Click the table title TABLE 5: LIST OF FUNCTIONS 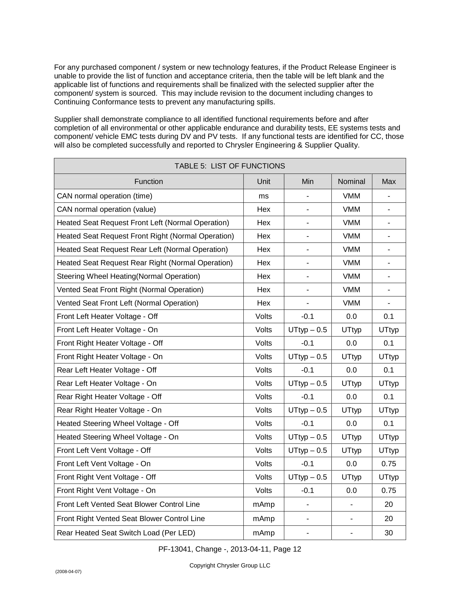(x=230, y=166)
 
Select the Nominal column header (x=351, y=181)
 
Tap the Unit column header (x=263, y=181)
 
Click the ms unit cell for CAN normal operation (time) (x=263, y=196)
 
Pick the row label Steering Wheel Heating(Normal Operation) (x=128, y=276)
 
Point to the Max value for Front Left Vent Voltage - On (x=389, y=464)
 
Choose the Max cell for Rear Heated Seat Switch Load (x=389, y=533)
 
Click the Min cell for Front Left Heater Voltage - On (x=307, y=330)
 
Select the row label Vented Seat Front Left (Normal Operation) (x=127, y=303)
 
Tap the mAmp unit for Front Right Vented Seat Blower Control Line (x=263, y=519)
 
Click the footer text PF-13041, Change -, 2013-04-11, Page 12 (x=230, y=549)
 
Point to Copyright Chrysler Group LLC (x=230, y=565)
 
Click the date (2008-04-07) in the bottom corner (x=68, y=571)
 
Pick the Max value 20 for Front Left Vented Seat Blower (x=389, y=504)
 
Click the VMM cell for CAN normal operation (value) (x=351, y=209)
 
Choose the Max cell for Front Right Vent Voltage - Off (x=389, y=477)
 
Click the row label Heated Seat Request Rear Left (x=142, y=249)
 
